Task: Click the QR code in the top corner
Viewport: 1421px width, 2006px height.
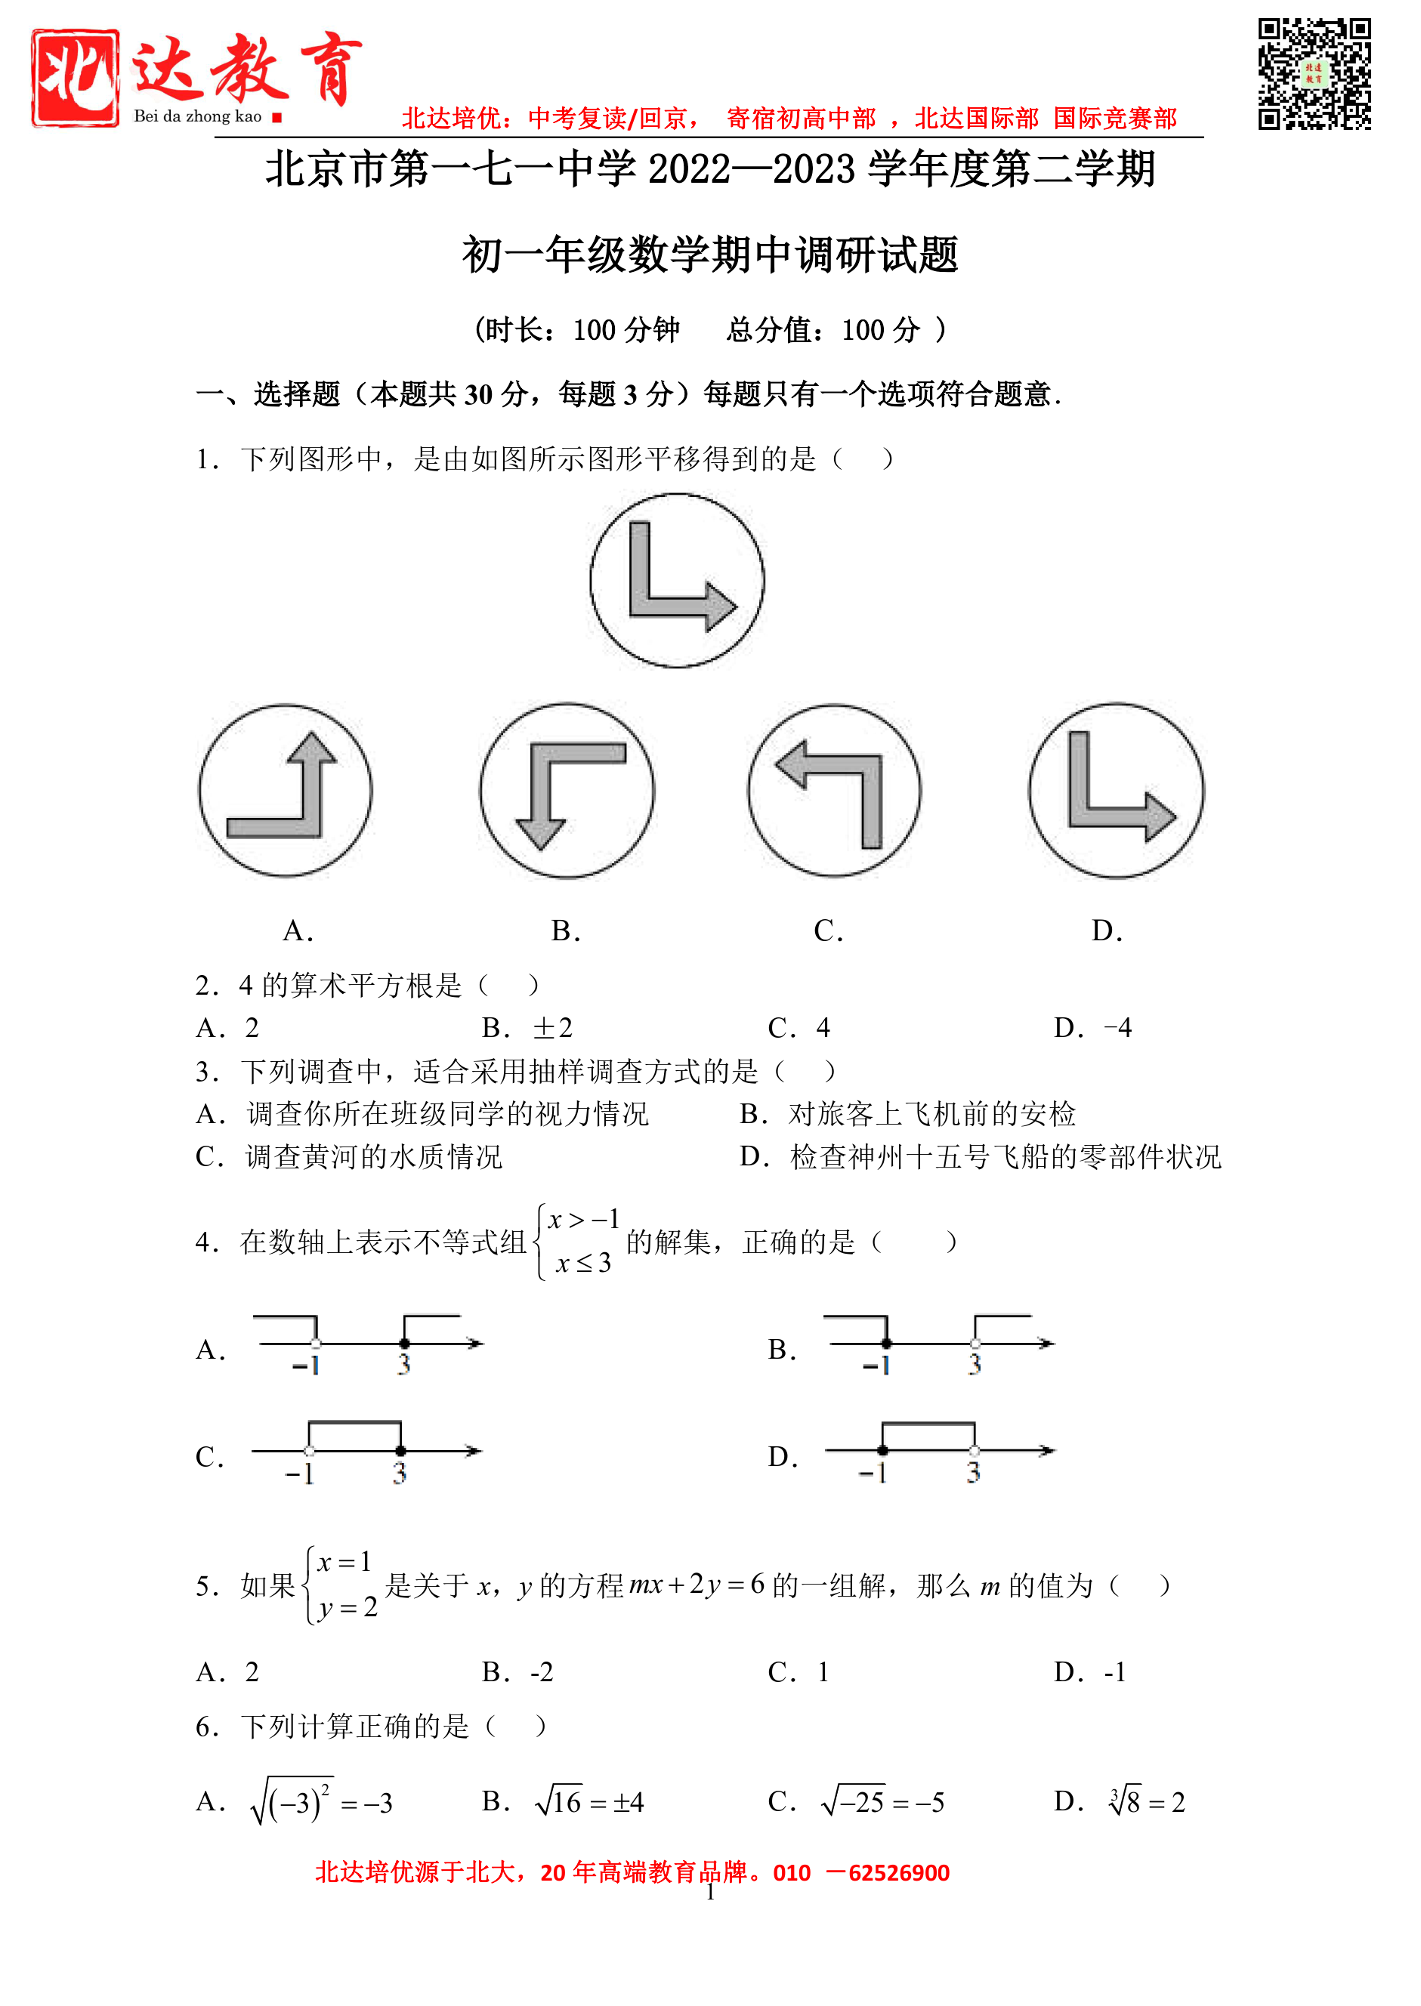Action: pos(1314,74)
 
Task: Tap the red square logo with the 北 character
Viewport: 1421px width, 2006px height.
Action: pos(76,78)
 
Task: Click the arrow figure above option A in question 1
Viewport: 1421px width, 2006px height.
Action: pos(286,790)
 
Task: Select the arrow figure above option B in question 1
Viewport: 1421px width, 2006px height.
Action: pos(567,790)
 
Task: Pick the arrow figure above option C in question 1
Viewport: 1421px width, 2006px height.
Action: pos(834,790)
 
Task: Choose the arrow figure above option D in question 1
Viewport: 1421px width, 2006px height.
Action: pos(1116,790)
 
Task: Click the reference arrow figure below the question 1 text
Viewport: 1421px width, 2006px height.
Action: pos(676,580)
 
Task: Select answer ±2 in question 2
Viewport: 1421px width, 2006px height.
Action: pos(552,1027)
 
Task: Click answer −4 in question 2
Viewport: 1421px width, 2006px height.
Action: pos(1117,1027)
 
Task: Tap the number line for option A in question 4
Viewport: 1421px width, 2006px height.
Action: pos(367,1344)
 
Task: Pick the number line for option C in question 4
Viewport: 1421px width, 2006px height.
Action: pos(366,1452)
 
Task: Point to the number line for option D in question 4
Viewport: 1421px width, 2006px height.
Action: pos(939,1452)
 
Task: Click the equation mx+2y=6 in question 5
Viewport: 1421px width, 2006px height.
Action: pos(697,1585)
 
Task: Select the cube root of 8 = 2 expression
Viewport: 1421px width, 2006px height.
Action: pos(1146,1801)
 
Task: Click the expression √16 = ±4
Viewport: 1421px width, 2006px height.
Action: pos(589,1801)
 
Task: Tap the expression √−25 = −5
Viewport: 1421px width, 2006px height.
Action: pos(882,1801)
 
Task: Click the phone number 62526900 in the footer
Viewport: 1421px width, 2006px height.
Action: pos(899,1873)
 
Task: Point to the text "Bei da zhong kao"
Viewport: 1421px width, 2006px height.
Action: pos(198,116)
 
